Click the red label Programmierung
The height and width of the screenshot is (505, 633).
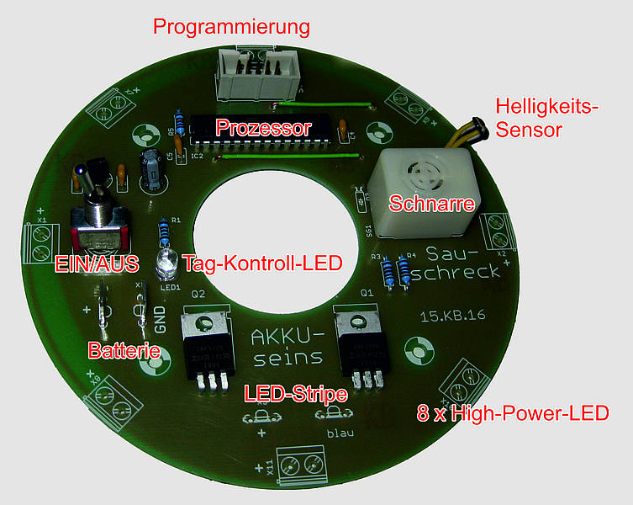pos(231,26)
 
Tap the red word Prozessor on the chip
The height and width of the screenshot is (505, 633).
pos(264,128)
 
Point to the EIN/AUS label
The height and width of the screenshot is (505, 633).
pos(96,263)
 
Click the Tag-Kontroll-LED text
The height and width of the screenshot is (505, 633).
pos(262,263)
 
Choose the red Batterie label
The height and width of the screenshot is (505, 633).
pos(124,349)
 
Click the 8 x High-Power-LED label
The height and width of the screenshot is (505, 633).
pos(513,413)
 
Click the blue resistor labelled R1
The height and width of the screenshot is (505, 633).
pos(163,232)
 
